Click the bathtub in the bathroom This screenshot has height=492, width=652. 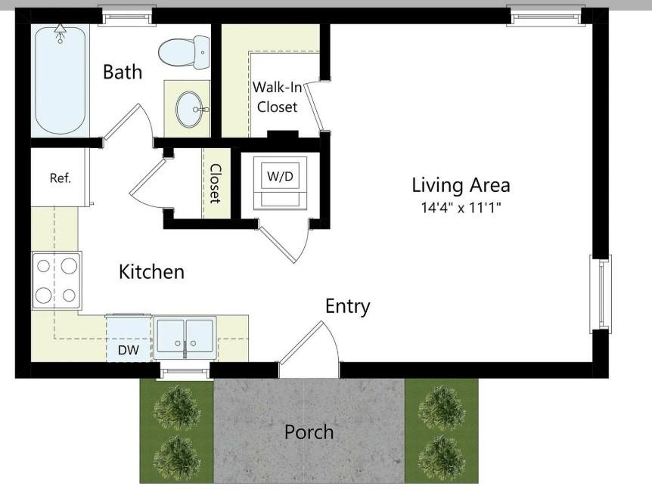coord(59,79)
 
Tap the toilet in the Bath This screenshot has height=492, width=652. coord(184,52)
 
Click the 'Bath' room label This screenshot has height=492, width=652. coord(123,72)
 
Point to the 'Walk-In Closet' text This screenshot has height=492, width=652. coord(277,97)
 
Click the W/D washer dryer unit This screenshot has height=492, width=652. coord(280,181)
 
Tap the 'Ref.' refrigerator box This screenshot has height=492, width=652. coord(60,178)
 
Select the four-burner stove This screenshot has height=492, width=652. coord(57,280)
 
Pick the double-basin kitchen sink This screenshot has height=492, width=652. coord(185,336)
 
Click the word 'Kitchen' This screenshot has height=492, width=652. coord(151,271)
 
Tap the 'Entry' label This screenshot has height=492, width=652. coord(347,306)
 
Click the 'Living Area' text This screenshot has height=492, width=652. coord(460,184)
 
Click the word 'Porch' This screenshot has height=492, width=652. coord(309,432)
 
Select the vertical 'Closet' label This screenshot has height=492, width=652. coord(215,184)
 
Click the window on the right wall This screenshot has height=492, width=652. coord(601,293)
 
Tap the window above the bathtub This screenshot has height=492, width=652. coord(127,14)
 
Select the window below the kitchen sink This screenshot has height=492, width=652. coord(184,370)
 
